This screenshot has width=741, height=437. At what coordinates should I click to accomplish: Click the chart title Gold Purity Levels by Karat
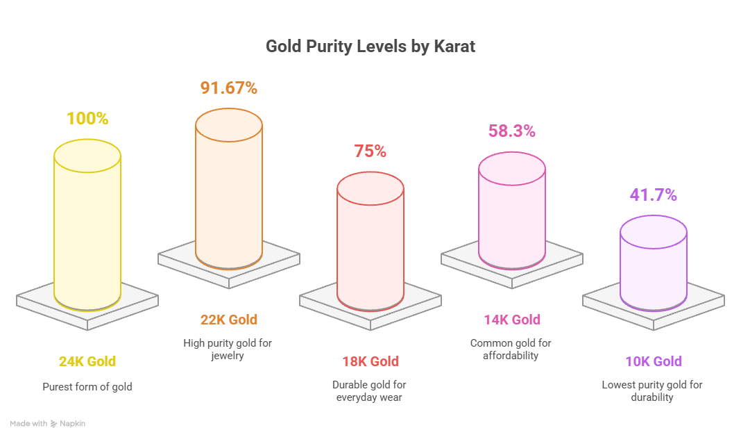click(x=370, y=47)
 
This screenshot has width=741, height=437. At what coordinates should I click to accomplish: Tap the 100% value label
click(x=87, y=119)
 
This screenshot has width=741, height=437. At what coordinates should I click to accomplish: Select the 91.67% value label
click(x=229, y=88)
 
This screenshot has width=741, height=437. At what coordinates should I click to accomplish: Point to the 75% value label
click(x=370, y=151)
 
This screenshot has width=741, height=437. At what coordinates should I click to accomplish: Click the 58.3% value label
click(x=512, y=131)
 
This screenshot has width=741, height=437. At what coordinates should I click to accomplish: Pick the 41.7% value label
click(x=653, y=195)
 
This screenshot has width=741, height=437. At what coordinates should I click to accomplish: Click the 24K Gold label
click(x=87, y=361)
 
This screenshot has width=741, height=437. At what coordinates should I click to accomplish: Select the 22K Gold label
click(x=229, y=320)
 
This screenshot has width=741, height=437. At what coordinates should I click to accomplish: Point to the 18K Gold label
click(x=370, y=361)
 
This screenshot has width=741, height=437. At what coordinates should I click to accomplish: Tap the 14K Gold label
click(x=512, y=320)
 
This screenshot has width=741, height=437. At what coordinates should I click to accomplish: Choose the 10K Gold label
click(x=653, y=361)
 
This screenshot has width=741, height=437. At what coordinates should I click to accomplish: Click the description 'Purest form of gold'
click(x=87, y=386)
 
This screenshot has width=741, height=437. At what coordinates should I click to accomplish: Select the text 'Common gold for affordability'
click(x=512, y=349)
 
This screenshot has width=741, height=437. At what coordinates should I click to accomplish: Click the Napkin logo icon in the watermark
click(x=54, y=424)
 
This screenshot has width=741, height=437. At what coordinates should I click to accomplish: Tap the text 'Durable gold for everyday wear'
click(x=370, y=391)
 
